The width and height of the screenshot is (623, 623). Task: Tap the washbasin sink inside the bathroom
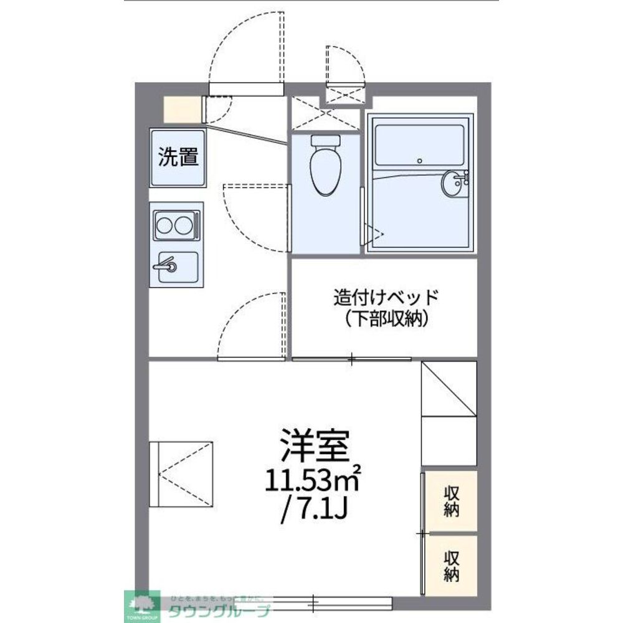453,183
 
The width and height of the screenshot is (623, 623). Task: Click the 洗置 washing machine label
178,157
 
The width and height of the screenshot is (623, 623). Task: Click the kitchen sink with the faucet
175,267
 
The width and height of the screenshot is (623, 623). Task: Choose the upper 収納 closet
452,501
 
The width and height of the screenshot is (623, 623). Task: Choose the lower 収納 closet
452,564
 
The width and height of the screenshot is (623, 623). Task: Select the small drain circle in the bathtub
420,161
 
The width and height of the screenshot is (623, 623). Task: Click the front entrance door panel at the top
245,89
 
